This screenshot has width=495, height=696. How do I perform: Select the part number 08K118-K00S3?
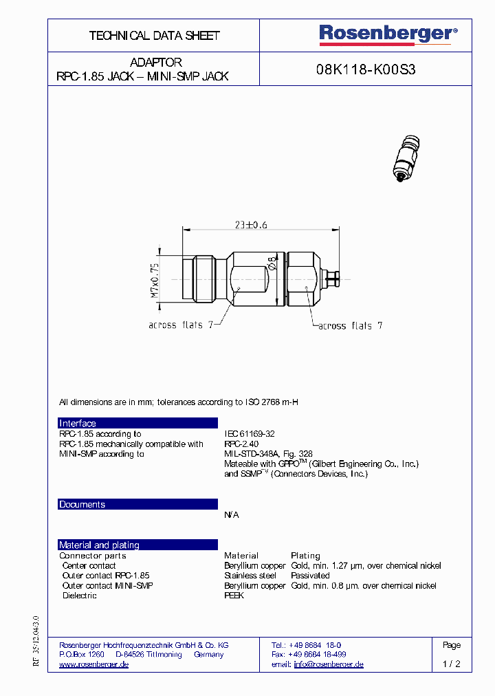(x=366, y=69)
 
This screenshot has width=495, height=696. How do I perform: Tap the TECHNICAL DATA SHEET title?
(x=154, y=36)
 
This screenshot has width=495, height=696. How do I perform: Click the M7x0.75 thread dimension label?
(x=155, y=278)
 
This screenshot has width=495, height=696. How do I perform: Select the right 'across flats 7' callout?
(x=349, y=325)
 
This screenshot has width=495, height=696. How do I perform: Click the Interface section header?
(x=78, y=424)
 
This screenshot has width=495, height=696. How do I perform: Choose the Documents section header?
(x=82, y=505)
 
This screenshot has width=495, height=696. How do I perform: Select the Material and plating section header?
(x=99, y=545)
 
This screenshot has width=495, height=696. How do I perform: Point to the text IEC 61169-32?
(x=250, y=434)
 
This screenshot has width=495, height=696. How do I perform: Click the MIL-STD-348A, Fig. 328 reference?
(x=268, y=454)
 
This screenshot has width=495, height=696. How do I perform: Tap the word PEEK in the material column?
(x=234, y=596)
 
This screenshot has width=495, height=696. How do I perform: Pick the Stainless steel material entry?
(x=250, y=576)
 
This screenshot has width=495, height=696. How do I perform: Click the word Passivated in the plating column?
(x=310, y=576)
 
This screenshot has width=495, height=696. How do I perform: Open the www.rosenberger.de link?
(x=94, y=664)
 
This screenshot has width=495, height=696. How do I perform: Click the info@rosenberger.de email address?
(x=329, y=664)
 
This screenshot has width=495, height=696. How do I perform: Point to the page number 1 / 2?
(x=452, y=664)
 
